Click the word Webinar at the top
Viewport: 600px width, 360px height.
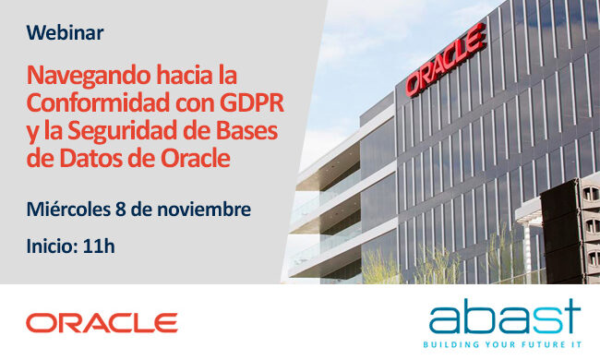pos(65,33)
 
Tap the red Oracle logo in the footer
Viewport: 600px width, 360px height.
pos(102,322)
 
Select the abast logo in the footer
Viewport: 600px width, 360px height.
pos(503,317)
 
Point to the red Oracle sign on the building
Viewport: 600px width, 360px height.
pos(444,61)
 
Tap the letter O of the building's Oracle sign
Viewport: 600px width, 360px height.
pos(413,80)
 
